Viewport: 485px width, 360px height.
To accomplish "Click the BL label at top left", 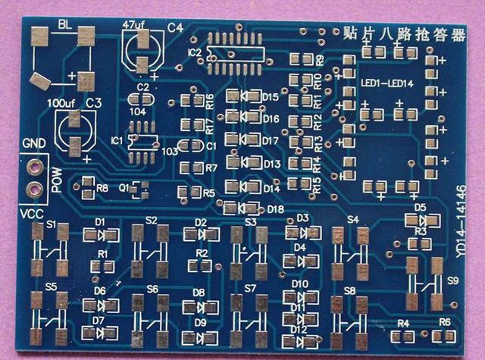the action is click(64, 24).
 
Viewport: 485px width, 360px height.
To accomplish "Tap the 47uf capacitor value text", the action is click(133, 25).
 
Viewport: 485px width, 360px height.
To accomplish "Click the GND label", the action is click(34, 144).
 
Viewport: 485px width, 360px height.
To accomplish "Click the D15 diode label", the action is click(271, 97).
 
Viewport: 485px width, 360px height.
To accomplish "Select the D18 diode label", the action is click(275, 209).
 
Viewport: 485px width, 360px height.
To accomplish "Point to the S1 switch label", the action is click(52, 225).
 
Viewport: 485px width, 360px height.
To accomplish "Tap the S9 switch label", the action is click(453, 280).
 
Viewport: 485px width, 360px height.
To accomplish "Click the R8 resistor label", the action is click(102, 187).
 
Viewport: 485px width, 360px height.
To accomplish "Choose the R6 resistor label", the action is click(445, 322).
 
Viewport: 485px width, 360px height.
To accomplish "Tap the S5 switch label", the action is click(50, 287).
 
